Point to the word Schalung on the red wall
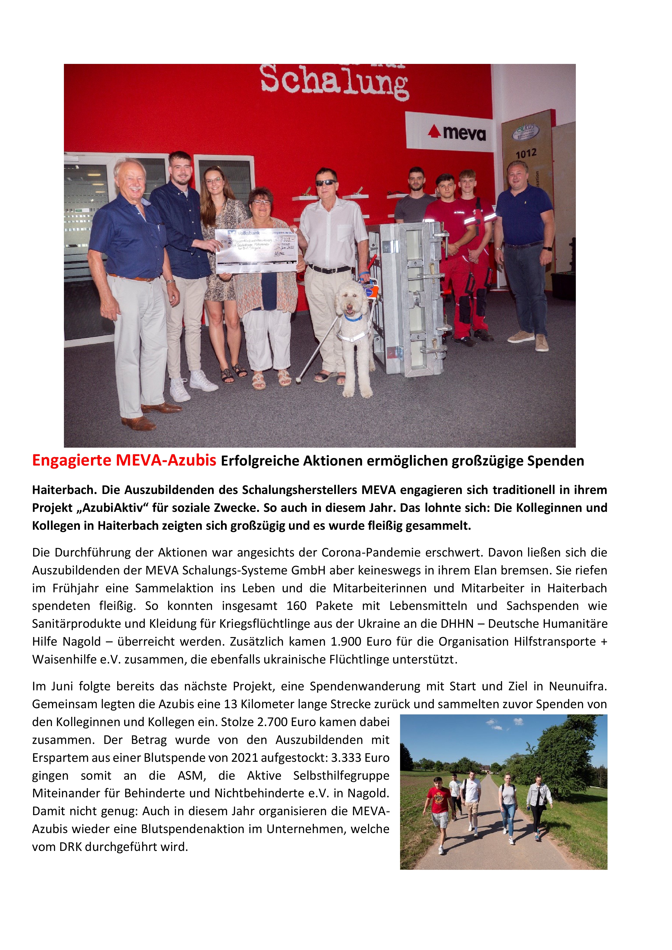click(334, 82)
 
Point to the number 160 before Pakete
click(296, 606)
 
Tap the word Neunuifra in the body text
click(577, 686)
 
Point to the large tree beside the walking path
click(567, 749)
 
